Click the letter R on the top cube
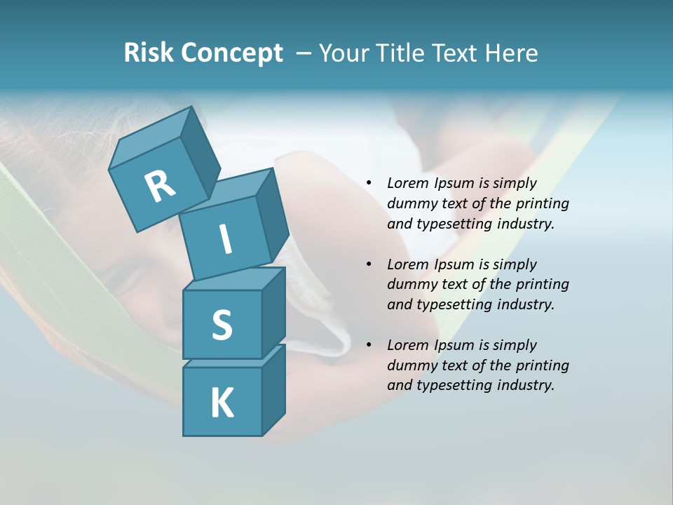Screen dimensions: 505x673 tap(160, 187)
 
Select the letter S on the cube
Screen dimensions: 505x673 tap(222, 325)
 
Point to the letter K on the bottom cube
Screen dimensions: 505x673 tap(222, 403)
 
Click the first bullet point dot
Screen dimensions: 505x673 tap(369, 184)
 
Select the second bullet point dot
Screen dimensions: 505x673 tap(369, 265)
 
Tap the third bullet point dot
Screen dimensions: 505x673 tap(369, 346)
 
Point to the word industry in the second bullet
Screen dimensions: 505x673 tap(526, 304)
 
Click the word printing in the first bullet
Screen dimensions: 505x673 tap(543, 204)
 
